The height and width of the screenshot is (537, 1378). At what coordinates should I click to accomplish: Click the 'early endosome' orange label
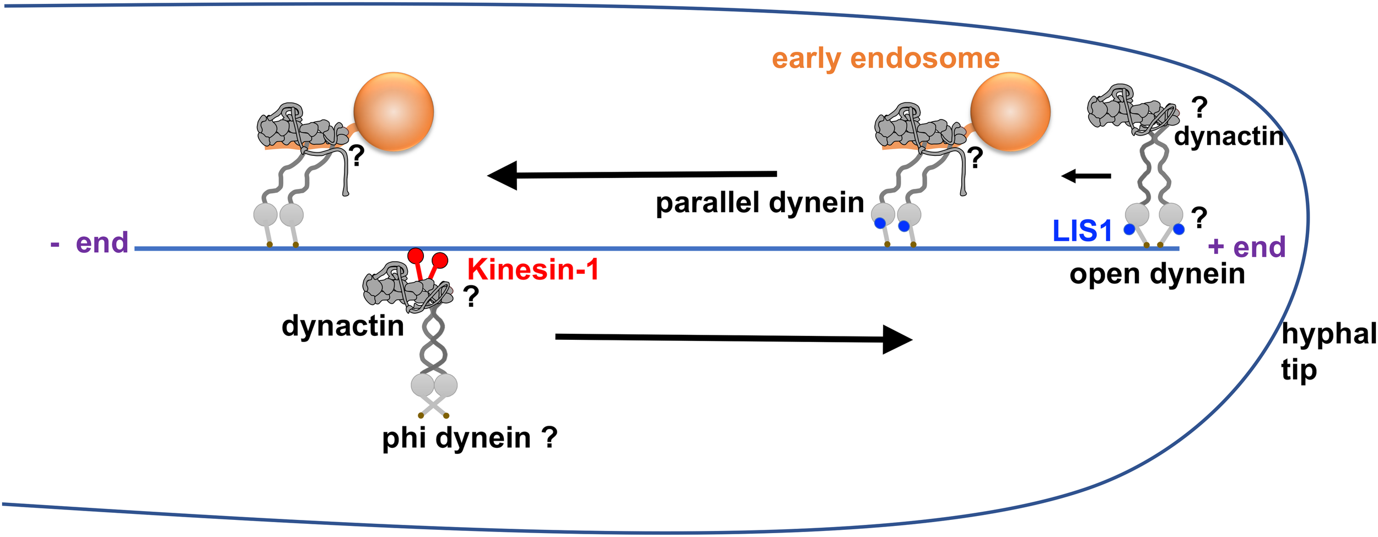point(885,58)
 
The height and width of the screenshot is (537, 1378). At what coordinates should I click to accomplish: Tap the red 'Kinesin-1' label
point(533,270)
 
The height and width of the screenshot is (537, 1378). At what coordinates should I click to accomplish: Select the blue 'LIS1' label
point(1082,231)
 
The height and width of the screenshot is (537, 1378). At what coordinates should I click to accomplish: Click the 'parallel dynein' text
point(759,203)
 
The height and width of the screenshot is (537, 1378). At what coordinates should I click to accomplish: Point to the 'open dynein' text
point(1157,274)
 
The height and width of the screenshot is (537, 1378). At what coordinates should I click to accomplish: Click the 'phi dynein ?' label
point(470,438)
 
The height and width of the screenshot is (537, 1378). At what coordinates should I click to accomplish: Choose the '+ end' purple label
point(1246,247)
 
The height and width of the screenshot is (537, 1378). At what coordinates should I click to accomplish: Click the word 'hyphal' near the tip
point(1328,334)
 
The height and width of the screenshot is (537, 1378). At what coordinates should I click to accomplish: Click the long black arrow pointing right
point(733,338)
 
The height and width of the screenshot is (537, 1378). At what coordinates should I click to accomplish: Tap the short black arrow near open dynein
point(1086,176)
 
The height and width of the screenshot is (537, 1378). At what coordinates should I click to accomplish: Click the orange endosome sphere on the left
point(394,112)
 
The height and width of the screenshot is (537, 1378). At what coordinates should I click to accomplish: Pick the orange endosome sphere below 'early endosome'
point(1010,112)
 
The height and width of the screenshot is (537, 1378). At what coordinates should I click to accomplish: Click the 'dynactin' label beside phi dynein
point(342,326)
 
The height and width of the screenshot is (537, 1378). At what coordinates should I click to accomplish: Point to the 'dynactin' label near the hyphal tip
point(1229,136)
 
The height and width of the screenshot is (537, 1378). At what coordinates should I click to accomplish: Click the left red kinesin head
point(416,256)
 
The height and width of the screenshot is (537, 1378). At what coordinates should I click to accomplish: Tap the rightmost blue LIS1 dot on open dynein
point(1178,229)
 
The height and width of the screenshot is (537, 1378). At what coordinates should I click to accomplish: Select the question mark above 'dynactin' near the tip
point(1199,107)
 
